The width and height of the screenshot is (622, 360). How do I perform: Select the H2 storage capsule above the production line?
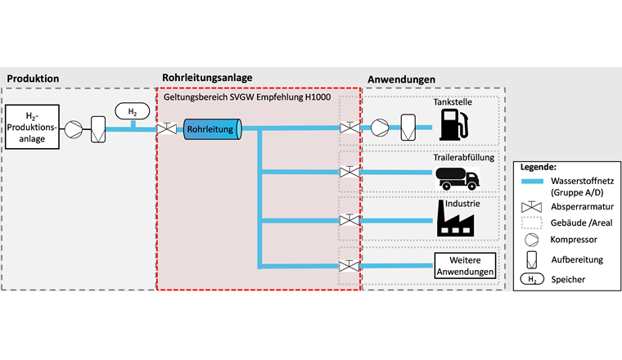point(132,111)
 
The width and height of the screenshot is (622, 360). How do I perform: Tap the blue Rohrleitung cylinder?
point(210,129)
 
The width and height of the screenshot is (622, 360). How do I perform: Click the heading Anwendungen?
point(401,79)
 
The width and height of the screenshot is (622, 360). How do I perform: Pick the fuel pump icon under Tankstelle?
point(453,126)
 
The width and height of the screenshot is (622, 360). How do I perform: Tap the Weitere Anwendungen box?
point(465,265)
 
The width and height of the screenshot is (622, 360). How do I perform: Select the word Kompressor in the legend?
point(573,239)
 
